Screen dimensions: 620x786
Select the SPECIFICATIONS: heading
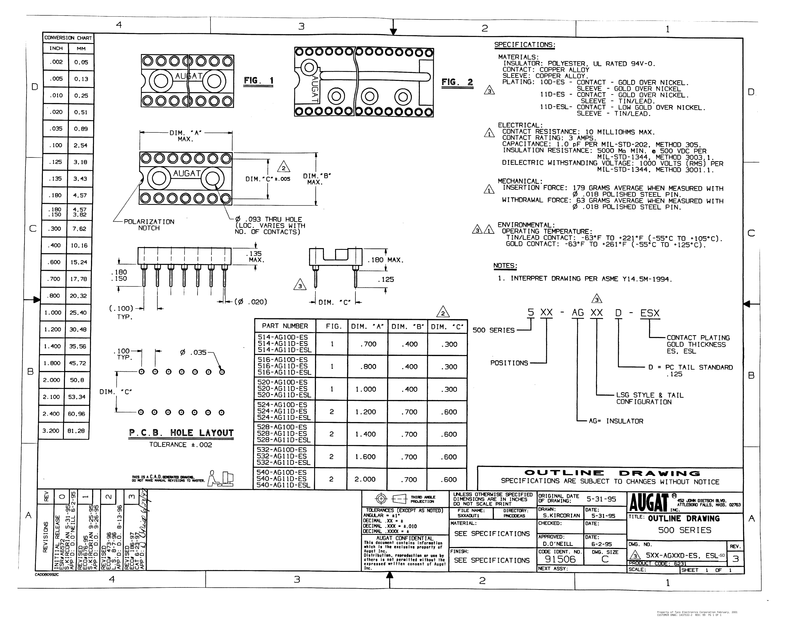[x=525, y=45]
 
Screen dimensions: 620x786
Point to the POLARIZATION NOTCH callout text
[x=149, y=225]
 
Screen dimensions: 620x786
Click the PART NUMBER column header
[x=285, y=326]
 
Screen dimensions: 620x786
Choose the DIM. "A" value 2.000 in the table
[x=365, y=479]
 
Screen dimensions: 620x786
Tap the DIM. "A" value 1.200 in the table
[x=365, y=412]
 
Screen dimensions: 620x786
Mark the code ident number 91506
[x=560, y=559]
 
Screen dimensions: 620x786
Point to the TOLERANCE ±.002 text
[x=180, y=445]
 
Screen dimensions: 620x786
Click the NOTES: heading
[x=505, y=266]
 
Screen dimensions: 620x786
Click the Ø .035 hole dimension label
[x=193, y=352]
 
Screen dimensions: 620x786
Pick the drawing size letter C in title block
[x=604, y=559]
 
